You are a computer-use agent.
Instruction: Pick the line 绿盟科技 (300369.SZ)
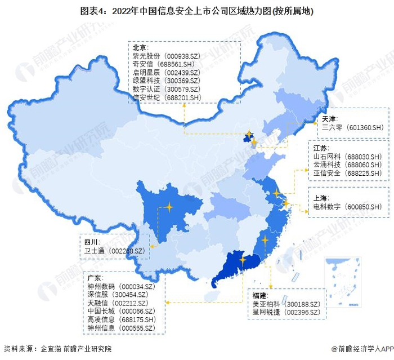coord(165,81)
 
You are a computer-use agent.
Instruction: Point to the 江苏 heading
coord(321,148)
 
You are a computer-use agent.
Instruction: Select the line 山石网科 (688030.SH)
coord(348,156)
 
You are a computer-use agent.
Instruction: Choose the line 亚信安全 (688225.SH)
coord(348,172)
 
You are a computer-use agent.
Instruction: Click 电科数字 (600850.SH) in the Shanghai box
coord(348,207)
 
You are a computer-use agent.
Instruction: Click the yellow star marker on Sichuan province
coord(168,207)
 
